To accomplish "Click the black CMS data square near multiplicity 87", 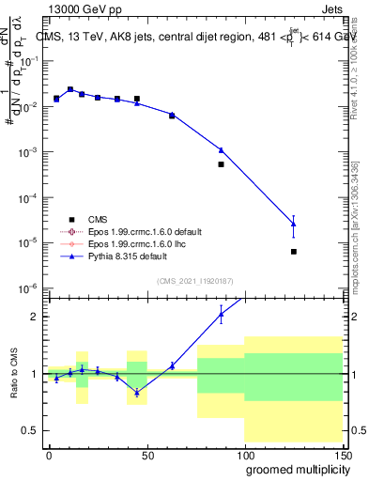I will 221,164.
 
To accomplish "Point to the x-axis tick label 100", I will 244,455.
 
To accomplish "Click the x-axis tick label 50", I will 147,455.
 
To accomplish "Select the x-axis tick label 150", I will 341,455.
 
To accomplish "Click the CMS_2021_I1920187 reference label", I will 195,281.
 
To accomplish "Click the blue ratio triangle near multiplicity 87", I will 221,316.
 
